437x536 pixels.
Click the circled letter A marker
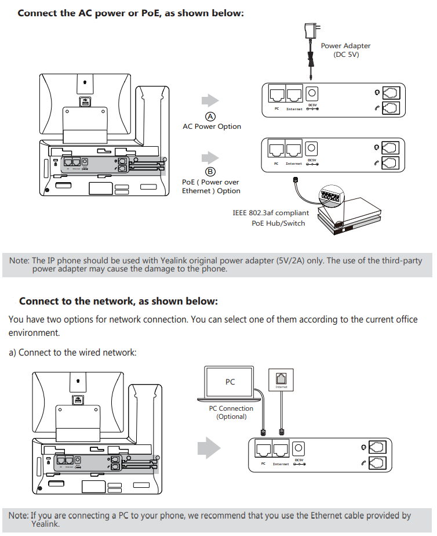click(211, 115)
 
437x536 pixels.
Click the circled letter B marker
click(210, 171)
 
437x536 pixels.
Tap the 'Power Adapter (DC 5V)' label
click(345, 50)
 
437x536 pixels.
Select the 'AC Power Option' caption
click(212, 126)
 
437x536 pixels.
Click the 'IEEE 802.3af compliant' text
click(271, 213)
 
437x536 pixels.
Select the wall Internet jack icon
click(281, 380)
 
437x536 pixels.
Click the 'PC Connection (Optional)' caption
click(231, 412)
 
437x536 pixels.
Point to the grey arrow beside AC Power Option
click(209, 100)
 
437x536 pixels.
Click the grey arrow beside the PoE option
click(209, 157)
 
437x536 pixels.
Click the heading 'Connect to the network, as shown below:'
click(118, 301)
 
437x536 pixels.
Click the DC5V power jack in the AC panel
click(312, 93)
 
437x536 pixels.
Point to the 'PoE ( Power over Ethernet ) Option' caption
click(211, 186)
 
